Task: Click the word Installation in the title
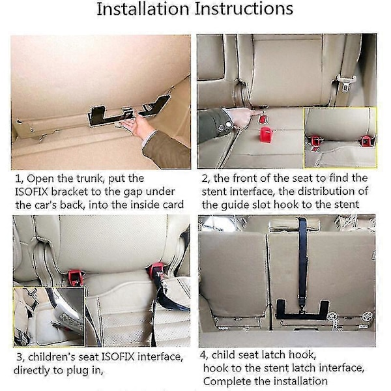point(143,9)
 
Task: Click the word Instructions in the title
point(244,9)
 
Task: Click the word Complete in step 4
point(225,381)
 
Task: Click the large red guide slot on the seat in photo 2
point(266,134)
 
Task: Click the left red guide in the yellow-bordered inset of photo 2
point(315,141)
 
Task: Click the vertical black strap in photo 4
point(303,263)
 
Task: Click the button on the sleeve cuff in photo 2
point(227,124)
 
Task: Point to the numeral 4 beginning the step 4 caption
point(203,355)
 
